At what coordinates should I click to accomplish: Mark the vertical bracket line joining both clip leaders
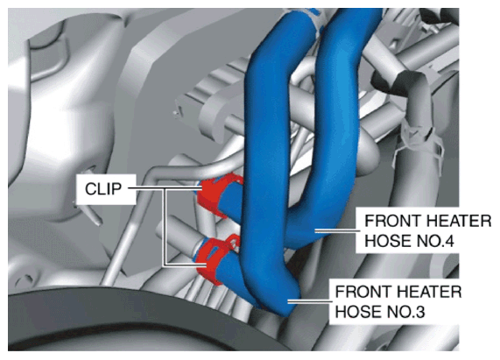(165, 227)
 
